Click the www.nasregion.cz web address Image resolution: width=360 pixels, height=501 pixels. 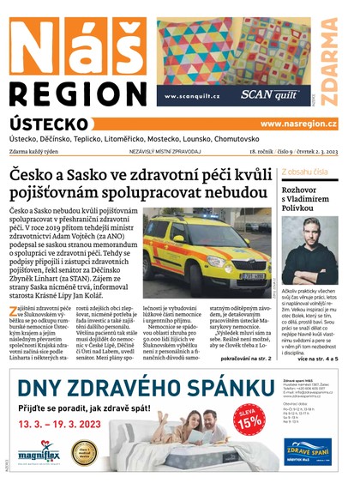tap(298, 124)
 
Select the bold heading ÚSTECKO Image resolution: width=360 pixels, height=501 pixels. tap(48, 124)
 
